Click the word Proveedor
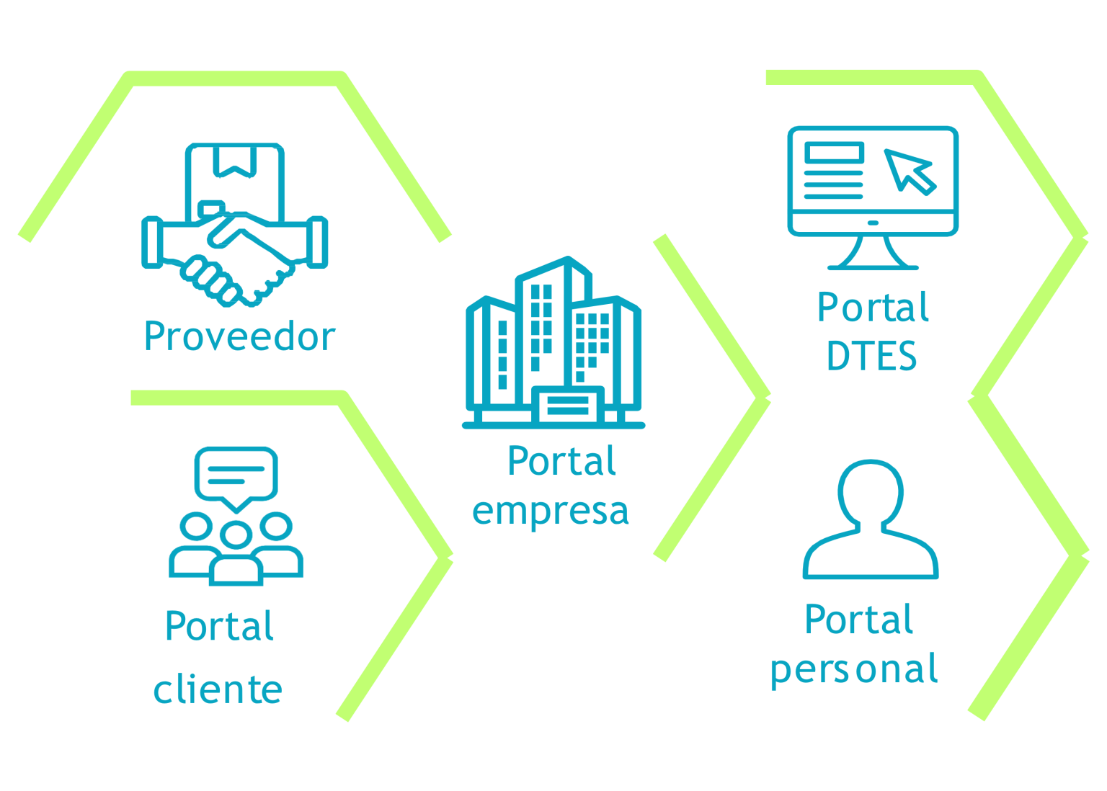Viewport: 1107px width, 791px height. [239, 336]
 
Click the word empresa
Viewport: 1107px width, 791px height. [550, 511]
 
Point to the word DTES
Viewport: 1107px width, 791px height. [871, 356]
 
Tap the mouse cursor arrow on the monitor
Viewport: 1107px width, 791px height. [910, 171]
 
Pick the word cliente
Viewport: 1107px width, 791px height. [218, 689]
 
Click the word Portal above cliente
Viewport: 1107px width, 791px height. [219, 625]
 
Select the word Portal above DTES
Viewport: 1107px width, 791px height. [873, 308]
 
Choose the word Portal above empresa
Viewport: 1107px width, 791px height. [561, 461]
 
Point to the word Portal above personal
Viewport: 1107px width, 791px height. [859, 620]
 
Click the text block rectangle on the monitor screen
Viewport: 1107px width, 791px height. [834, 153]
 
